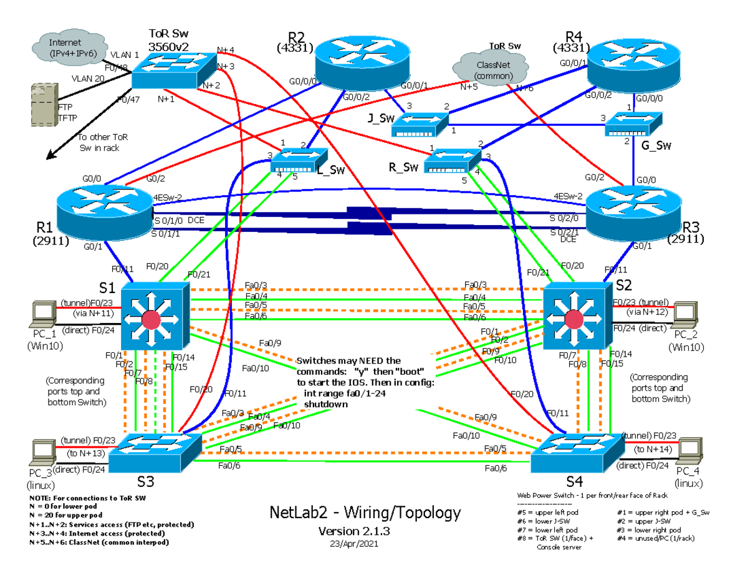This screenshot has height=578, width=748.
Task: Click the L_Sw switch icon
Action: click(x=298, y=161)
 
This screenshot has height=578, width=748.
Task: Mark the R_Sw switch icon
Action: click(x=452, y=161)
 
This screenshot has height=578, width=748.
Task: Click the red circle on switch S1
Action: click(x=150, y=320)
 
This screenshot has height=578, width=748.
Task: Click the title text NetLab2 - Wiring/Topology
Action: click(x=365, y=513)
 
